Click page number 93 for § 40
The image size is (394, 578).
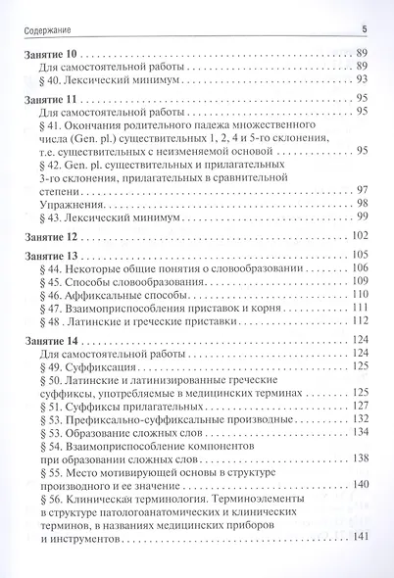(x=362, y=78)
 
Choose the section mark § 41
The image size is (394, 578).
(x=51, y=126)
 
